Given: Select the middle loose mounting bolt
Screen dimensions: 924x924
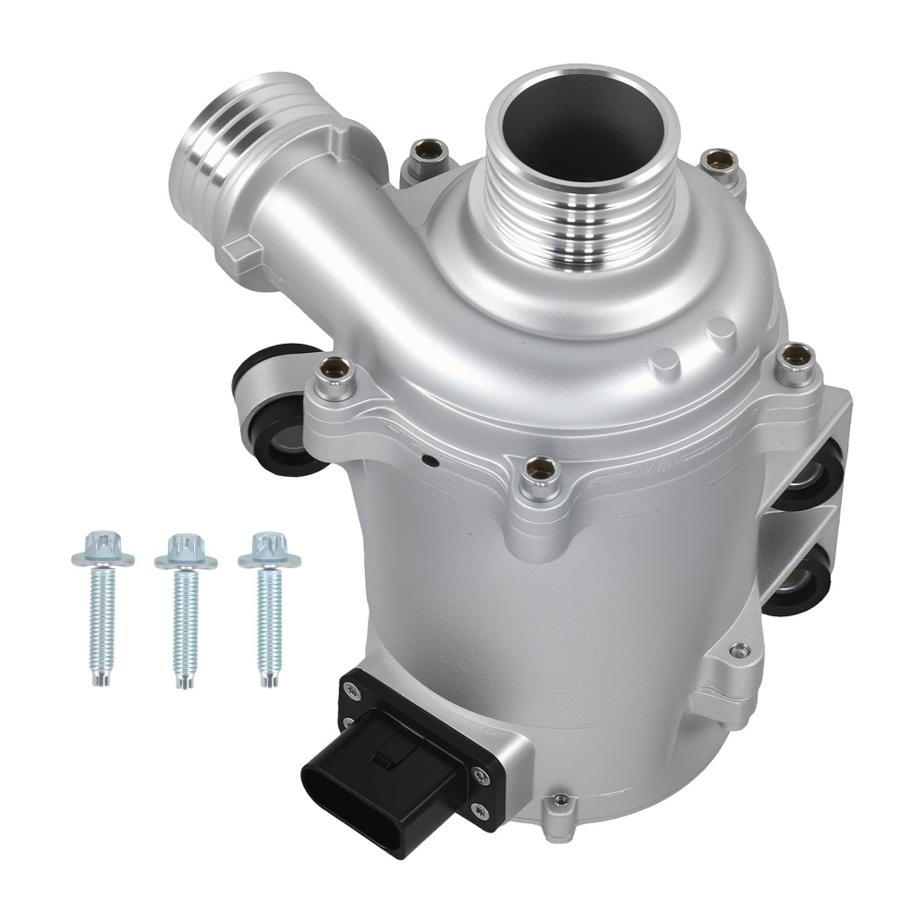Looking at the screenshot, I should click(185, 614).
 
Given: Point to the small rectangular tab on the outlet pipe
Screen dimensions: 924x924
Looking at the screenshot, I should click(243, 248).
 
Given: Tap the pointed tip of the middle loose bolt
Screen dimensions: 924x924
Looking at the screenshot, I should click(186, 683).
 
